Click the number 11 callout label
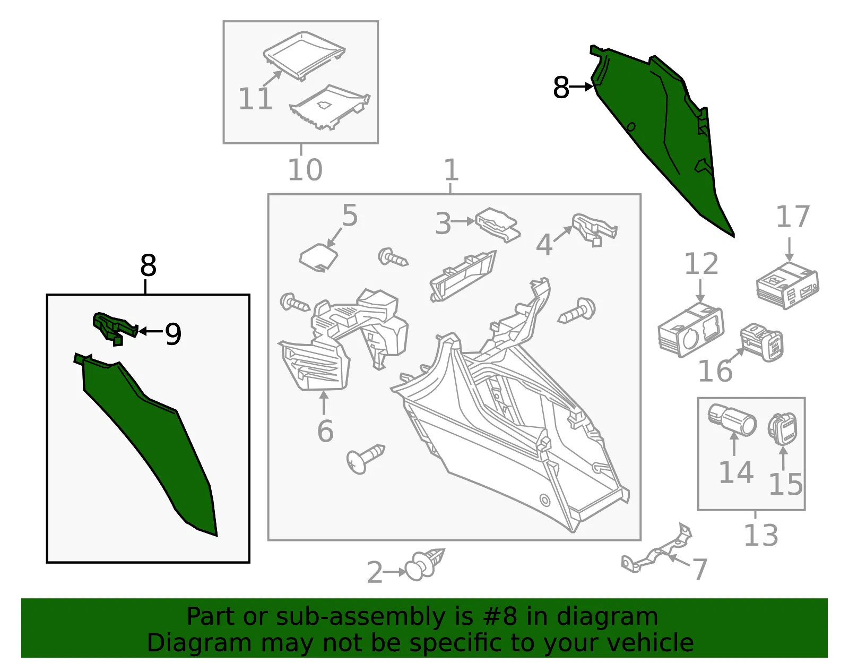[x=255, y=99]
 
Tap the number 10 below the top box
[x=305, y=170]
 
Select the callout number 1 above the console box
[x=451, y=170]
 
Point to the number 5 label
[x=349, y=216]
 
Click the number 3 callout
[x=444, y=224]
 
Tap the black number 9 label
[x=173, y=334]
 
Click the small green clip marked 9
[x=115, y=328]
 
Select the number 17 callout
[x=792, y=216]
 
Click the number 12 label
[x=701, y=264]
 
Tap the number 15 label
[x=786, y=485]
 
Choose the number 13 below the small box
[x=761, y=535]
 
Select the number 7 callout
[x=699, y=569]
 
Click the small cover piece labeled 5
[x=318, y=257]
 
